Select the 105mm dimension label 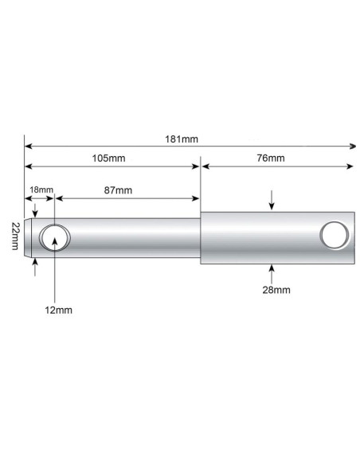tap(108, 158)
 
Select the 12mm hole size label tap(57, 309)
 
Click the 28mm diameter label tap(272, 290)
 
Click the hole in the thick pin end tap(334, 236)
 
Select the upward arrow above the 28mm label tap(272, 270)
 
